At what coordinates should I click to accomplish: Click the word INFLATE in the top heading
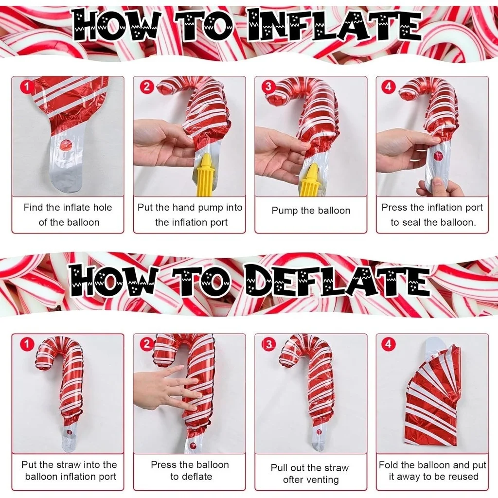[x=334, y=25]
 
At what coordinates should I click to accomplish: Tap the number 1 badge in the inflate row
[x=27, y=87]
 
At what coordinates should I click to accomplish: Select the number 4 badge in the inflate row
[x=388, y=87]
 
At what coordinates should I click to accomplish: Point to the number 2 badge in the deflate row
[x=147, y=344]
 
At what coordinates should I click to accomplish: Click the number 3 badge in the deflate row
[x=268, y=344]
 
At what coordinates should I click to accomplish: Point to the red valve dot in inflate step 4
[x=438, y=156]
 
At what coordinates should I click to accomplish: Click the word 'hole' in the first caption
[x=102, y=207]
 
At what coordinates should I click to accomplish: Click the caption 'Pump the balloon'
[x=311, y=210]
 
